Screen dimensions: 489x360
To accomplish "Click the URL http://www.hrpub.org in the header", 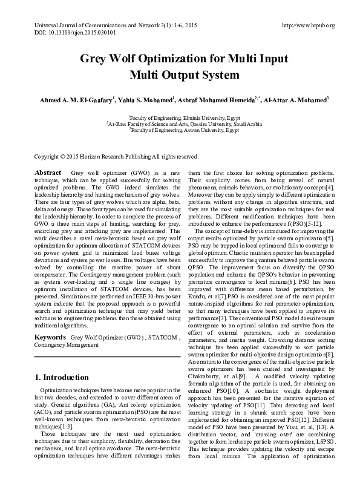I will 309,25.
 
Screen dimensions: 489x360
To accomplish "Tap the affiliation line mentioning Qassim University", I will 184,124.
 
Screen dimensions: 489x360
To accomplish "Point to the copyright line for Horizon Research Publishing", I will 116,156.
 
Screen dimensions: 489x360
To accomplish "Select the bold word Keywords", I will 50,336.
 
